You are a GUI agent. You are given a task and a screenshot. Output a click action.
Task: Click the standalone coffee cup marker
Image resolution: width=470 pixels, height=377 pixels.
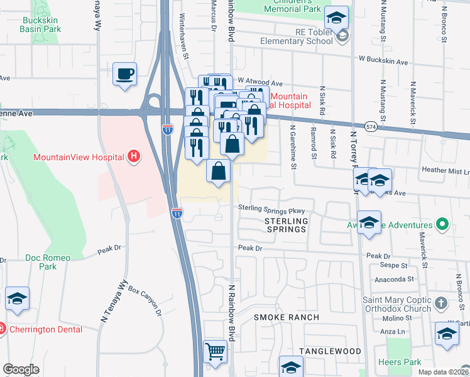click(x=124, y=75)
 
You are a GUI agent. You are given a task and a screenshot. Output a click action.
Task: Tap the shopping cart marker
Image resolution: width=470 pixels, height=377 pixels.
click(x=215, y=352)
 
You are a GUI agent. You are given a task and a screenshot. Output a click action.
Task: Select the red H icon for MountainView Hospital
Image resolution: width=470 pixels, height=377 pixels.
click(x=133, y=156)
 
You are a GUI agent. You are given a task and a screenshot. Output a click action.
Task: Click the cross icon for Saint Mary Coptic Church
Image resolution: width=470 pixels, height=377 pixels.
click(x=441, y=304)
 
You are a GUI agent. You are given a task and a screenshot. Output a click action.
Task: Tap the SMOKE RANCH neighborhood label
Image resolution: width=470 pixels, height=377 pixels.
click(x=282, y=317)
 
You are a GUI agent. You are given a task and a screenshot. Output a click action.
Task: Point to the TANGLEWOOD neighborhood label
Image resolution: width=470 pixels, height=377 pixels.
click(x=330, y=351)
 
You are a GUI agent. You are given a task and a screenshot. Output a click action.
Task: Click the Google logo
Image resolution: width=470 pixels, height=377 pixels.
click(x=21, y=369)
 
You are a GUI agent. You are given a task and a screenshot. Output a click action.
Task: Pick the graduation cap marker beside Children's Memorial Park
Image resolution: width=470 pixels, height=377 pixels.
click(x=337, y=18)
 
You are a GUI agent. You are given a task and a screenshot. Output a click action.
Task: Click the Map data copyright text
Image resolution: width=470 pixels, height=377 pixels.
click(x=443, y=372)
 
